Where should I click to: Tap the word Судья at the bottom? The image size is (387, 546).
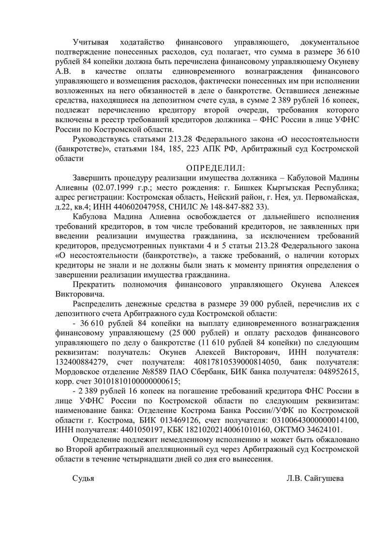[x=83, y=478]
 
